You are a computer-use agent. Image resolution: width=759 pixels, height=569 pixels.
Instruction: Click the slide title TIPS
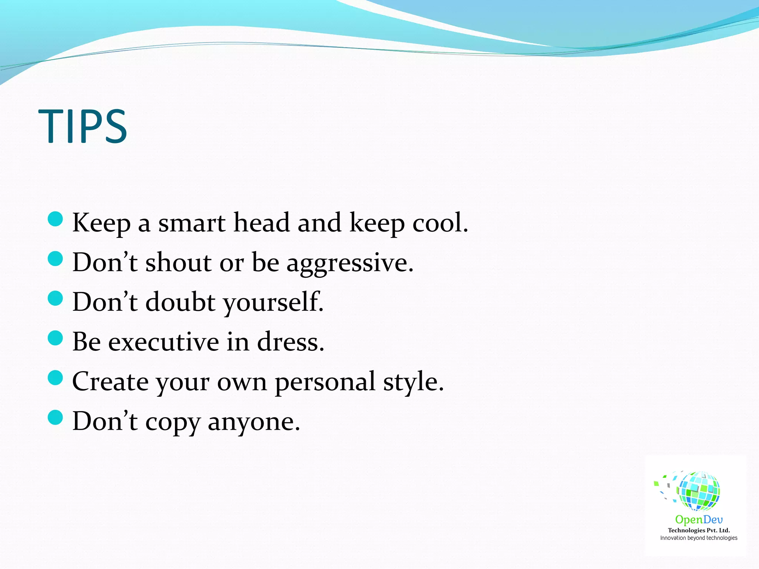[x=83, y=126]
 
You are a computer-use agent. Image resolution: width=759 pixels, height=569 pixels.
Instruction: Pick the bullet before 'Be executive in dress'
[x=56, y=338]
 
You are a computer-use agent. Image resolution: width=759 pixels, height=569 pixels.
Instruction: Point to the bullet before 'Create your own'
[x=56, y=377]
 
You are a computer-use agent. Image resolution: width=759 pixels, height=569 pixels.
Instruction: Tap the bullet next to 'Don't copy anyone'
[x=56, y=417]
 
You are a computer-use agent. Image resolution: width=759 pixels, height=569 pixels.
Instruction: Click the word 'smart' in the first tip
[x=192, y=223]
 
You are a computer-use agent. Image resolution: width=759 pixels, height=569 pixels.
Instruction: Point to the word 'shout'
[x=178, y=263]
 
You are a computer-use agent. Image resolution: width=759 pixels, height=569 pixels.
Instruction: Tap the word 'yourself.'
[x=274, y=303]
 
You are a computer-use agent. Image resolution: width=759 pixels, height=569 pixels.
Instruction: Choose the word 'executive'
[x=163, y=342]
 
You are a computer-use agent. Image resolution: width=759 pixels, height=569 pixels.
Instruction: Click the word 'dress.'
[x=291, y=342]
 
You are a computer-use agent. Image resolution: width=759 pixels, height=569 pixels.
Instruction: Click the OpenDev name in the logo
[x=699, y=520]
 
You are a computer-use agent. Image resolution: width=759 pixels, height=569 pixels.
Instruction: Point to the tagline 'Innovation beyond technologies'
[x=699, y=538]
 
